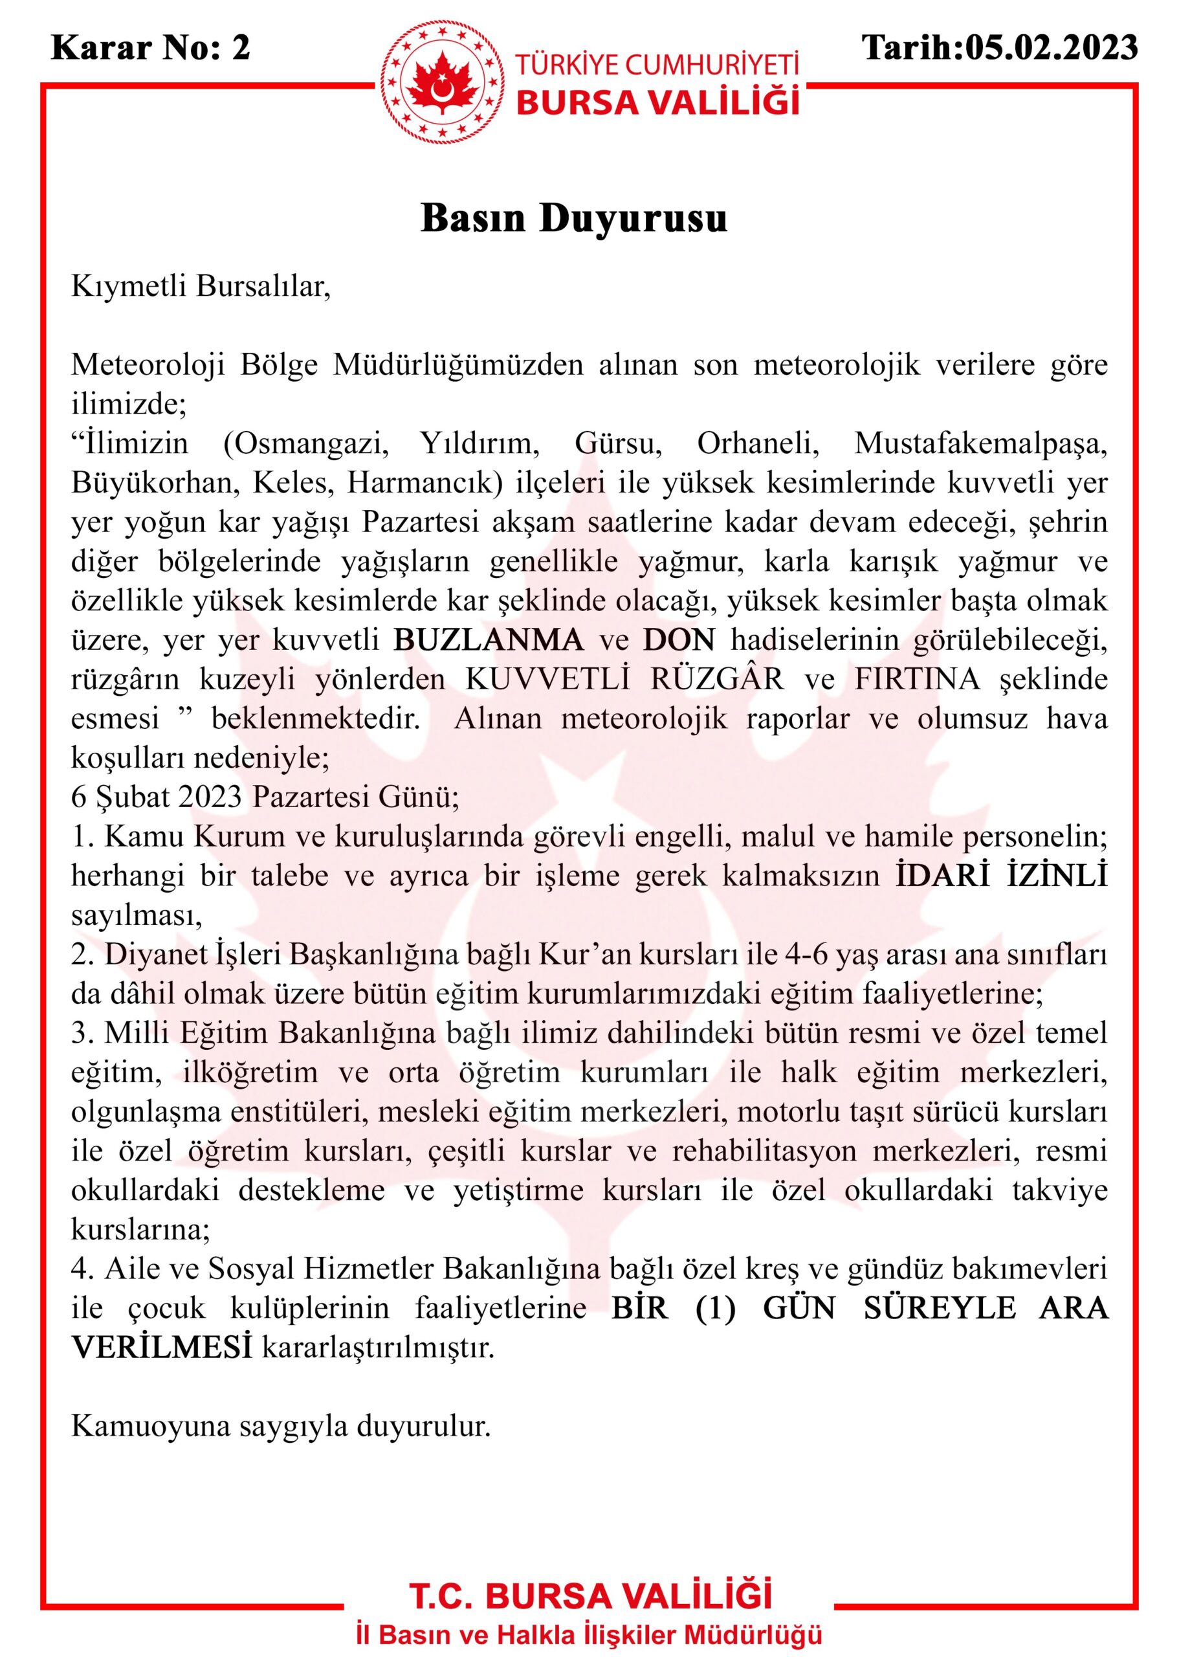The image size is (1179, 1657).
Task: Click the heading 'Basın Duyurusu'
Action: tap(573, 219)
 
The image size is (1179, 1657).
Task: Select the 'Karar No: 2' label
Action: tap(151, 48)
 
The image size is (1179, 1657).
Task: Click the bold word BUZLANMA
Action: tap(489, 639)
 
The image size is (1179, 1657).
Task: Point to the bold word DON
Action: tap(679, 639)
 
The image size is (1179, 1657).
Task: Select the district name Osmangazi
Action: tap(305, 443)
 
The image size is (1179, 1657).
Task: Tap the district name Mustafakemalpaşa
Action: tap(981, 443)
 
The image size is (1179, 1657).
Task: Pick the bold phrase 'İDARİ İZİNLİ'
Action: tap(1002, 876)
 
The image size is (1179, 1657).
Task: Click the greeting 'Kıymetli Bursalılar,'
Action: tap(201, 286)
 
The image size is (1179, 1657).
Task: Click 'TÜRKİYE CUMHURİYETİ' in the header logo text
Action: tap(656, 65)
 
